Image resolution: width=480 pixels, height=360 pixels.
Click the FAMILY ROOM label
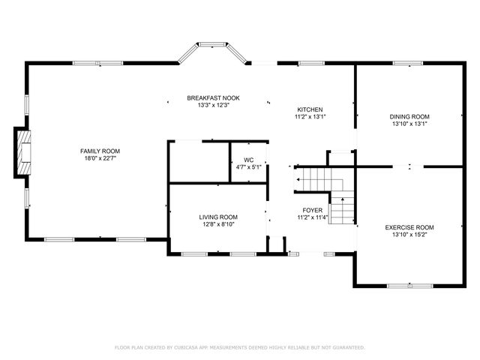pos(100,151)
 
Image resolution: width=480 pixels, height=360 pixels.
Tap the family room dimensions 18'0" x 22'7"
pos(100,158)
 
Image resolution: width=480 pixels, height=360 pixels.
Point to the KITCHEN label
pos(310,109)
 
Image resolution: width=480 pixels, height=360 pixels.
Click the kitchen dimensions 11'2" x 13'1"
pos(310,117)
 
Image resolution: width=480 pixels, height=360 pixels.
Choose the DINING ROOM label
pos(409,116)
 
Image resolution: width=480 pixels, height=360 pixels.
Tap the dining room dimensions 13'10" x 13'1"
pos(409,124)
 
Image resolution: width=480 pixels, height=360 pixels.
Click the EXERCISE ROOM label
pos(409,227)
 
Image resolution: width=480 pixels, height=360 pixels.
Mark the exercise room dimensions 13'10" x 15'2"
pos(409,235)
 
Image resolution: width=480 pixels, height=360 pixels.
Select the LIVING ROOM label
pos(217,216)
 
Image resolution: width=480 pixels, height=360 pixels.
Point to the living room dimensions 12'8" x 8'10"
pos(217,223)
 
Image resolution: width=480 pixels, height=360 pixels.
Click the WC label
pos(247,160)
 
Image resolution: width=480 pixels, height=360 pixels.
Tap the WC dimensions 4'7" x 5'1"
pos(247,167)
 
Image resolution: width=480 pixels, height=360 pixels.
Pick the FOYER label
pos(312,210)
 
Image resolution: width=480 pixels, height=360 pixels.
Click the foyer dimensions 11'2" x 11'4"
pos(312,217)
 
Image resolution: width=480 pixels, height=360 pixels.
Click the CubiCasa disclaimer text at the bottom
pos(240,347)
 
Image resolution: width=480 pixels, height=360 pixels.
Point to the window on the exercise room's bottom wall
pos(409,285)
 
